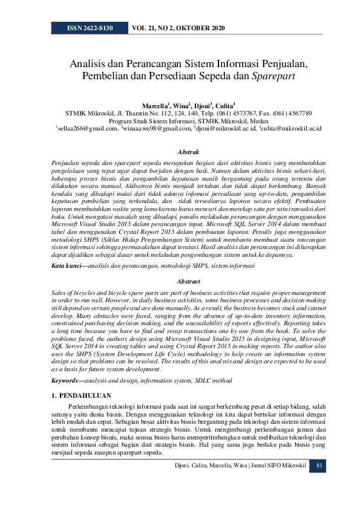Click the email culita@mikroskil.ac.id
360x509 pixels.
pos(291,129)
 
